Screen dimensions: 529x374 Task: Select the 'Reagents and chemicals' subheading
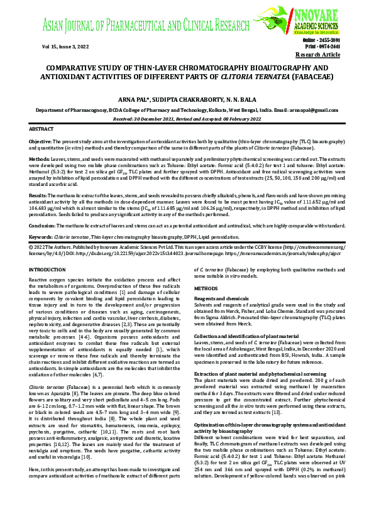coord(221,298)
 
